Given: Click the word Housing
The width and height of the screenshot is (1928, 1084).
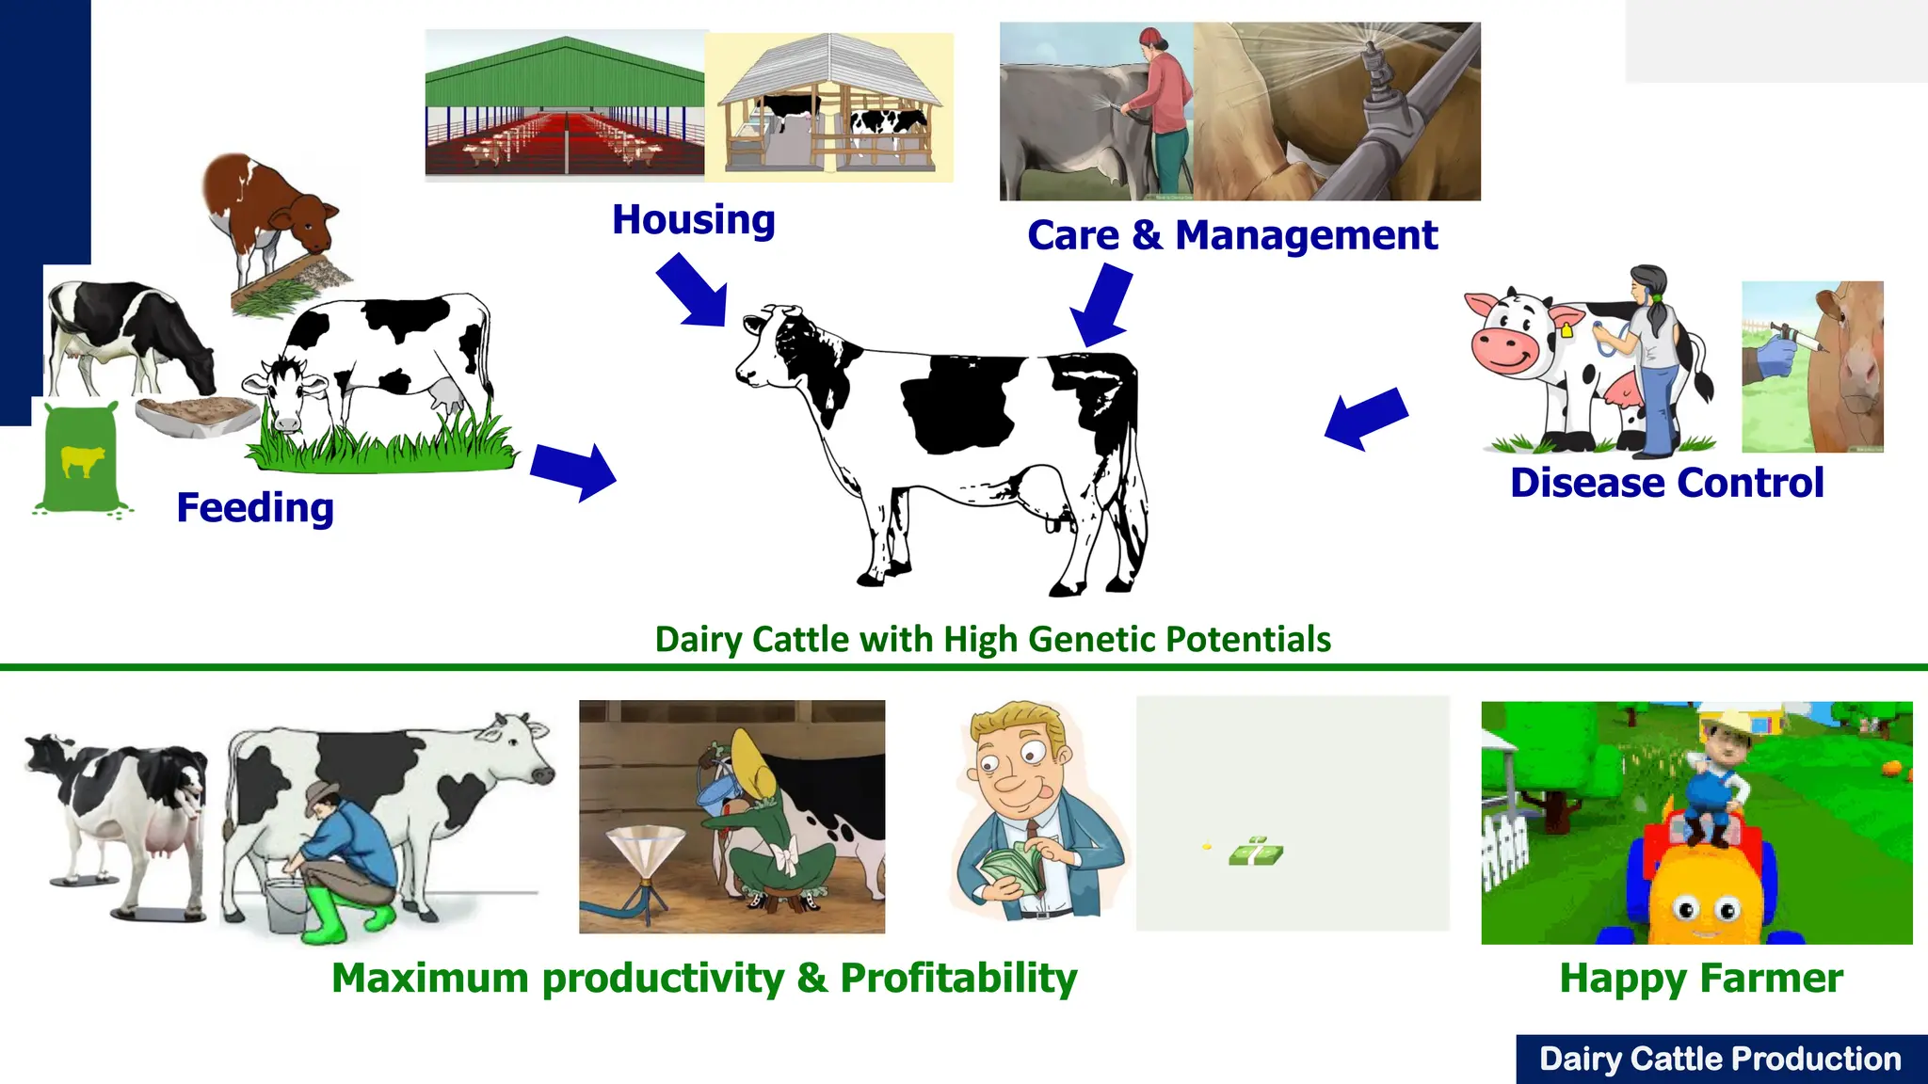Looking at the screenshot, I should coord(693,220).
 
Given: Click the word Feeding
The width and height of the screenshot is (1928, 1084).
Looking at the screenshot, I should coord(254,508).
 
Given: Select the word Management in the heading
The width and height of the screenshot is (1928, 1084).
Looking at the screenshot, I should coord(1306,235).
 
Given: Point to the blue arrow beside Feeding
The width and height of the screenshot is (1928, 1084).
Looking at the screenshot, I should coord(573,470).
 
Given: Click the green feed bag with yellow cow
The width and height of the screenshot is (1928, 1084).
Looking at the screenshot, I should coord(80,459).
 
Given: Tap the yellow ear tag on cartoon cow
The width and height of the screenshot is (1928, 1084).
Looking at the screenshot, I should coord(1566,330).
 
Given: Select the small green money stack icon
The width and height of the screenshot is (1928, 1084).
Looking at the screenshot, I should coord(1255,853).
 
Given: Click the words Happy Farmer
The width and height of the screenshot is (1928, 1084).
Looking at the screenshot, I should coord(1700,979).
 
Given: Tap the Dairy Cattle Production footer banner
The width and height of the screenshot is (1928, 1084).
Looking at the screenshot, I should coord(1720,1060).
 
